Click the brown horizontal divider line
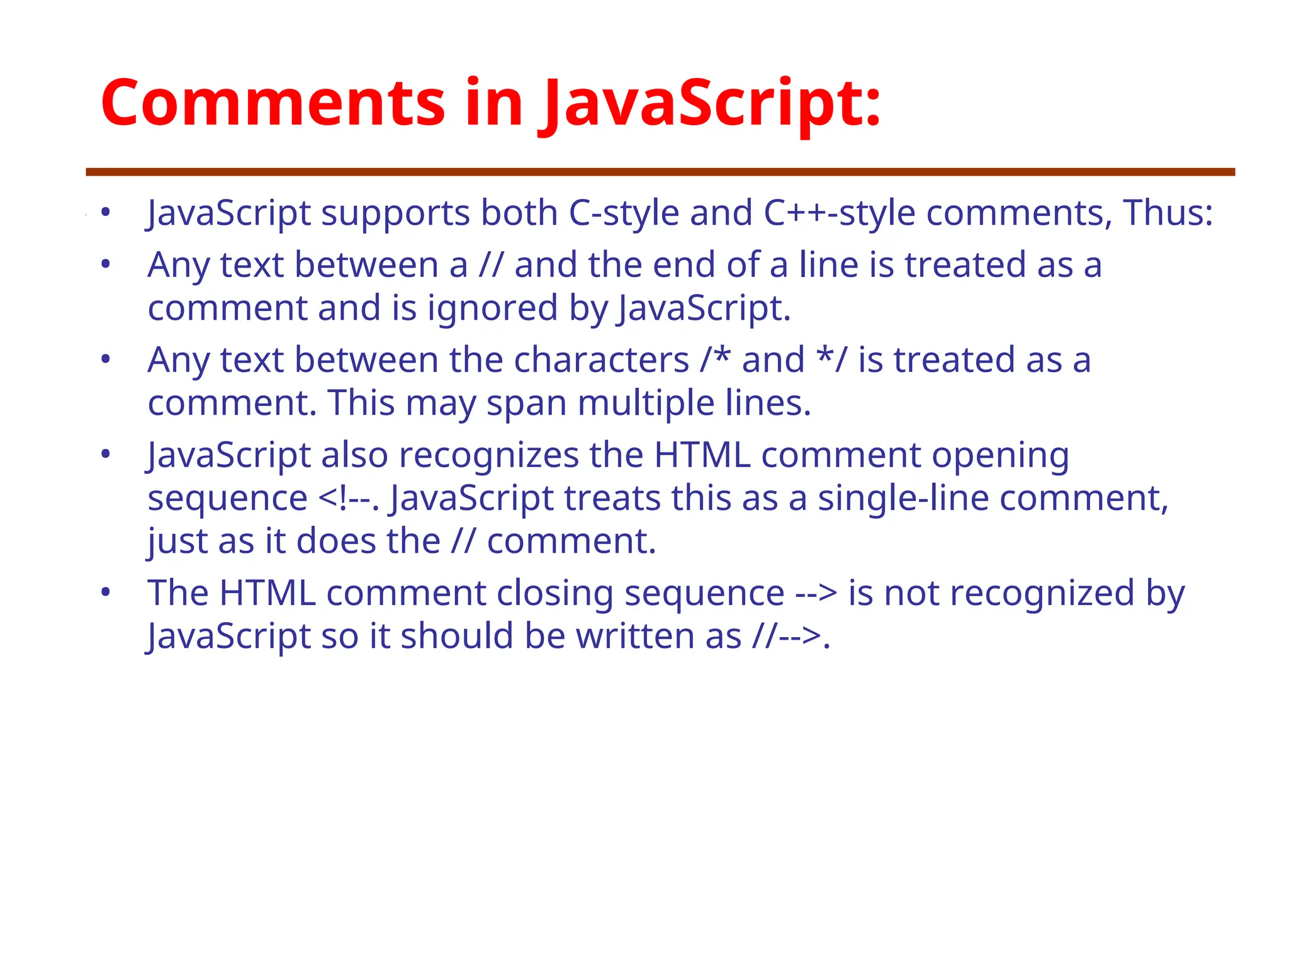[660, 172]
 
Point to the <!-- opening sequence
[347, 499]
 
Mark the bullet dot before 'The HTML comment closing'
[106, 592]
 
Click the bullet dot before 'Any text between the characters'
[106, 359]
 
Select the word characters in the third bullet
[601, 361]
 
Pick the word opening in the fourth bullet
[1000, 456]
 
